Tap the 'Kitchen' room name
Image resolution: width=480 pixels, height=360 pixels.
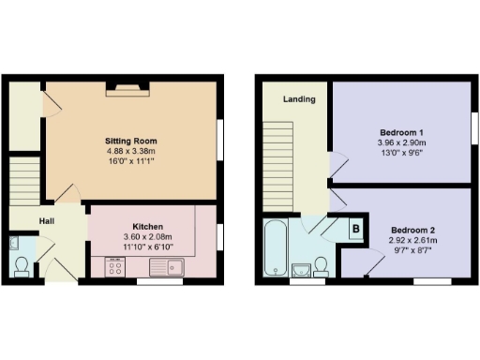[148, 227]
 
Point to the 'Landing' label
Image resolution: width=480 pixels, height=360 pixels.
[300, 98]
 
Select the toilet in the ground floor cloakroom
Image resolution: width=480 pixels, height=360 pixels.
[22, 266]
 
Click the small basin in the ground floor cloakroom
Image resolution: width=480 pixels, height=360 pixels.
[15, 243]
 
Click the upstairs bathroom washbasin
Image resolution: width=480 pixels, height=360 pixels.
[301, 271]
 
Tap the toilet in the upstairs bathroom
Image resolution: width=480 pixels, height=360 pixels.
[322, 266]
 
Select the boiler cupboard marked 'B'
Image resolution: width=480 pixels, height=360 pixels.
[355, 227]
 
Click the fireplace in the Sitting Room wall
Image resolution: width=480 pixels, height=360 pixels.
[126, 87]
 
